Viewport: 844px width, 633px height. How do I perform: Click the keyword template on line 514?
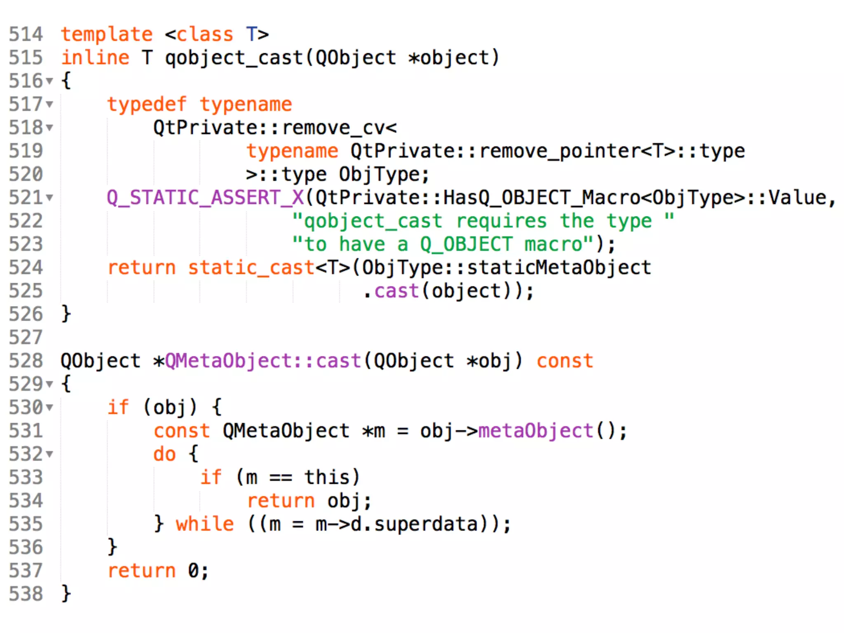pyautogui.click(x=107, y=34)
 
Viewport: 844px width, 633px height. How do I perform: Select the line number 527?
pyautogui.click(x=26, y=338)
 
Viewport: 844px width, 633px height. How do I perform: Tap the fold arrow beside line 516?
pyautogui.click(x=50, y=81)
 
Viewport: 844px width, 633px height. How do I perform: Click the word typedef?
pyautogui.click(x=147, y=104)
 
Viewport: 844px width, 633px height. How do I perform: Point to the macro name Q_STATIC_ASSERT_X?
pyautogui.click(x=205, y=198)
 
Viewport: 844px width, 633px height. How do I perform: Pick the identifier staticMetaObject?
pyautogui.click(x=559, y=268)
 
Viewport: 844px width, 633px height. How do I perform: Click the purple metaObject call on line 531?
pyautogui.click(x=535, y=431)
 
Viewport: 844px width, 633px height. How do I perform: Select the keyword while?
pyautogui.click(x=205, y=524)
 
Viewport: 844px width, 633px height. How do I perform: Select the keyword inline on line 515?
pyautogui.click(x=95, y=58)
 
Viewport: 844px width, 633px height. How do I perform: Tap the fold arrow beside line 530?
pyautogui.click(x=50, y=408)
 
